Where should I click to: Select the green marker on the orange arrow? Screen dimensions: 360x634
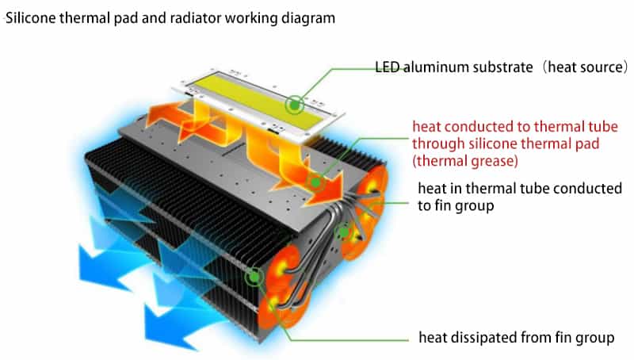click(x=316, y=182)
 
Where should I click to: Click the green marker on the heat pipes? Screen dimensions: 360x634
click(x=345, y=232)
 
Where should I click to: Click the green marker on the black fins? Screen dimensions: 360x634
click(x=255, y=277)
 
